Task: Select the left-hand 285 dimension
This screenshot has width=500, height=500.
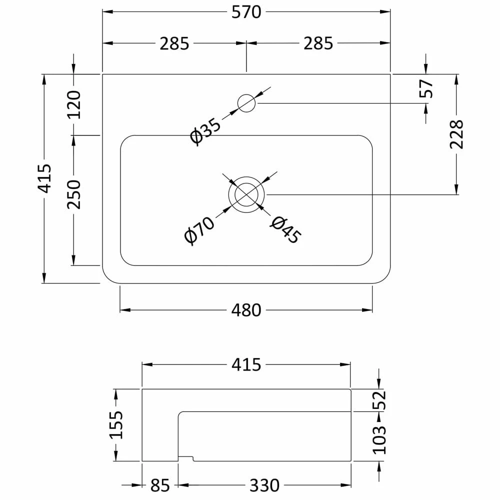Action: (174, 43)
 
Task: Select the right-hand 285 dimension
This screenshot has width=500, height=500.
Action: (318, 43)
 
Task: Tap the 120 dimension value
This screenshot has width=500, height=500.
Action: (73, 104)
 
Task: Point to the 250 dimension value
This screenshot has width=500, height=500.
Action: (73, 194)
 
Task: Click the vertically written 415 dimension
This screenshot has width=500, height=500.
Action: (44, 178)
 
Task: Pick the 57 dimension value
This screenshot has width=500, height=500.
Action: (426, 88)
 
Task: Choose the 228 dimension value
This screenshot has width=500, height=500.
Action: (456, 134)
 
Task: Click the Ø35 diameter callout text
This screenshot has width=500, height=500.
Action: (205, 131)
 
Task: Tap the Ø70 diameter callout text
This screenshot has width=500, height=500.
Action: (199, 230)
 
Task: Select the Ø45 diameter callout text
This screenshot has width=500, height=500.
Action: (285, 230)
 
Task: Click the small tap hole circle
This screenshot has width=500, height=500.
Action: (246, 103)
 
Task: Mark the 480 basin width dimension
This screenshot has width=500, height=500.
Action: (246, 310)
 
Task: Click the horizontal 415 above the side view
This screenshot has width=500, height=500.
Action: (246, 365)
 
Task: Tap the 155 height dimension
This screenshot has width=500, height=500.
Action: (116, 424)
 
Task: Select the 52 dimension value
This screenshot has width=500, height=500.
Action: (380, 400)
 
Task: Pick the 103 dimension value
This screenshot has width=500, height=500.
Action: (380, 439)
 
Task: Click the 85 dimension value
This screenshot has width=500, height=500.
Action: (159, 485)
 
